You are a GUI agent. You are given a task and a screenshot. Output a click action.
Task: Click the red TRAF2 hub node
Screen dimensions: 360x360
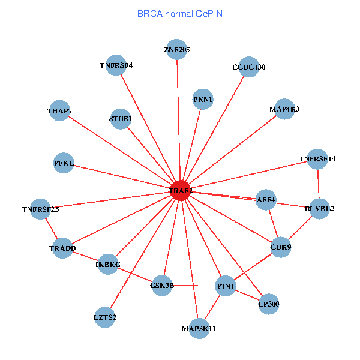[x=181, y=190]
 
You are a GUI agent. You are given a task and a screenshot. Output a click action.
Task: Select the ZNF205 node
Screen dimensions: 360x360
[x=176, y=50]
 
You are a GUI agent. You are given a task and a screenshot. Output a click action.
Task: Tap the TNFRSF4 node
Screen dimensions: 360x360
[x=116, y=65]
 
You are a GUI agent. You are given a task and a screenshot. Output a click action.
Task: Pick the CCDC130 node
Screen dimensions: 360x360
[x=248, y=67]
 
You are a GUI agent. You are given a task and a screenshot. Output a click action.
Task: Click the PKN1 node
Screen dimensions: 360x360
[x=203, y=99]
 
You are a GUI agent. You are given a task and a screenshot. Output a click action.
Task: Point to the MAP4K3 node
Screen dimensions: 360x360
[x=284, y=109]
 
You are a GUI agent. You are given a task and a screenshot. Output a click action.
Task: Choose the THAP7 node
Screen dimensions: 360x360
[x=59, y=110]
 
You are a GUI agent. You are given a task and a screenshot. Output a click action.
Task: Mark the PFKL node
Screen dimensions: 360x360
[x=64, y=163]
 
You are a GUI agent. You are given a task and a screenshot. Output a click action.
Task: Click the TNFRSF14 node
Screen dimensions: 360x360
[x=317, y=159]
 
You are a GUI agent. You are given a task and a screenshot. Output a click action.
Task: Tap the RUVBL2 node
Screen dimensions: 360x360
[x=319, y=209]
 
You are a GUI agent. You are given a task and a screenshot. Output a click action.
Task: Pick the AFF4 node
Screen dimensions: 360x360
[x=266, y=199]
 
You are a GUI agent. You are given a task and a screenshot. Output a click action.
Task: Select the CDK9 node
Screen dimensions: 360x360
[x=281, y=247]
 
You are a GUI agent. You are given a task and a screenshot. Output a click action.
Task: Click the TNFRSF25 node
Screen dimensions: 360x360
[x=40, y=209]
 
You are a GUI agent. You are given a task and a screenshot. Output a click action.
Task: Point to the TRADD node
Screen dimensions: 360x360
[x=62, y=248]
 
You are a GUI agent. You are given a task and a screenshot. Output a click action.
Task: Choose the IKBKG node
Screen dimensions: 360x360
[x=108, y=264]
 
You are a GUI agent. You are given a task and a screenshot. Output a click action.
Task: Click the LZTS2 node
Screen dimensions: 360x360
[x=105, y=317]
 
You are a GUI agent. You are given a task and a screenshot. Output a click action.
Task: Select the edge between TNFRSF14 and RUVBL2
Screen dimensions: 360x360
[x=318, y=184]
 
